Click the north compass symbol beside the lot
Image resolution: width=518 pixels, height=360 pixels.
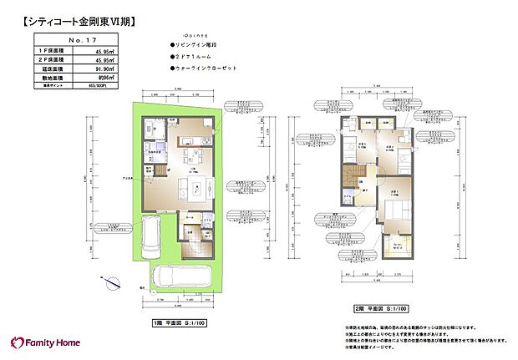tap(110, 282)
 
